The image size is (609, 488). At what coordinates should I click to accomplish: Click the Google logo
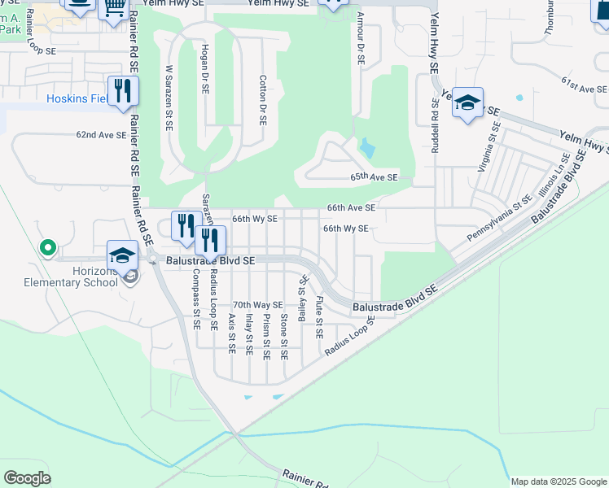[28, 478]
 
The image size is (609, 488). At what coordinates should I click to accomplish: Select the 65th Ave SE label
[375, 177]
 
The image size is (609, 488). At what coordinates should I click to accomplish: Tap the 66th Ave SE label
[351, 208]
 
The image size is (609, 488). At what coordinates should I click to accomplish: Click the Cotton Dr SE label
[263, 100]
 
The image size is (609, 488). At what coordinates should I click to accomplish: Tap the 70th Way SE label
[257, 305]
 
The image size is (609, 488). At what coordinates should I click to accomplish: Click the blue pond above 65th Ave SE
[367, 148]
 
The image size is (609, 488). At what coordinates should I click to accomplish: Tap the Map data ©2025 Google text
[558, 481]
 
